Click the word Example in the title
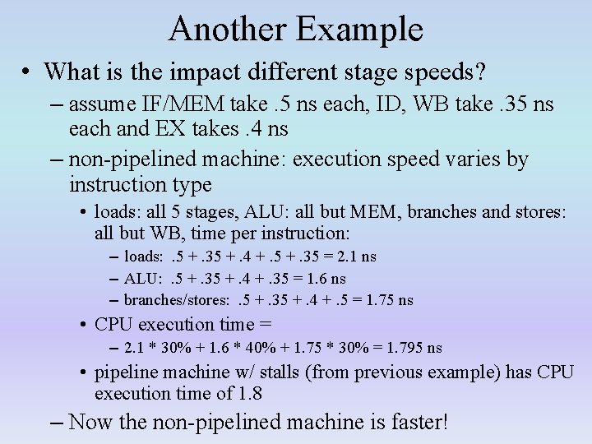358,30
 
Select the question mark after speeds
479,72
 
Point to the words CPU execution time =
183,324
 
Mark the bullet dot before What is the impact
26,72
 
